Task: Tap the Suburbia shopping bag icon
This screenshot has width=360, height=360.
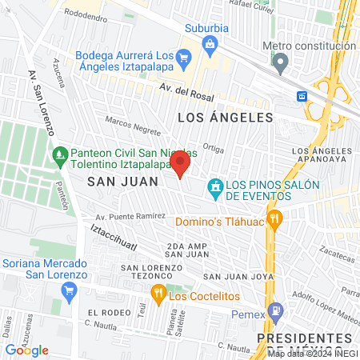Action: [209, 43]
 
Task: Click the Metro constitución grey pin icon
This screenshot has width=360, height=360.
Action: [280, 61]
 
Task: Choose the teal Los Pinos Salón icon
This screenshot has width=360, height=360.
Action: [214, 190]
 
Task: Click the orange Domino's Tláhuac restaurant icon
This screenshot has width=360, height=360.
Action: [274, 218]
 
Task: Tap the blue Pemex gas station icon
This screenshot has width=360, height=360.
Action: [275, 309]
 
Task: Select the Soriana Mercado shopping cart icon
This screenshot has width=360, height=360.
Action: [70, 289]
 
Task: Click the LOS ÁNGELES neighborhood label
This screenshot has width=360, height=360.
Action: [225, 118]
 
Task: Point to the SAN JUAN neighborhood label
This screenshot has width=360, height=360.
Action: [117, 182]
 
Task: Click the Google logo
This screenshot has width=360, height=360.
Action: [27, 350]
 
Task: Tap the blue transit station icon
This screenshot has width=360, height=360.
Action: [302, 96]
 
